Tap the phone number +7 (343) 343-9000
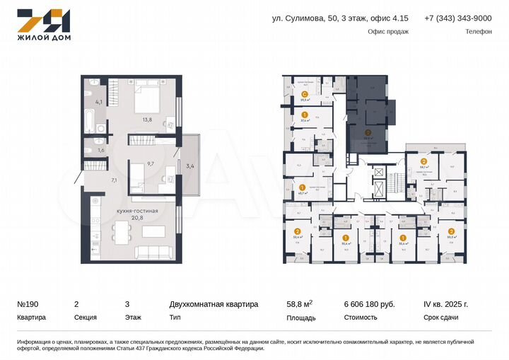pyautogui.click(x=457, y=18)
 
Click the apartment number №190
pyautogui.click(x=28, y=304)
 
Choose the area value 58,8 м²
pyautogui.click(x=300, y=304)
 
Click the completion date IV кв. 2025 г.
pyautogui.click(x=445, y=304)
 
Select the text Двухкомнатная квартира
pyautogui.click(x=213, y=304)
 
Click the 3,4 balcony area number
pyautogui.click(x=189, y=167)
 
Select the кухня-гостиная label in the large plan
pyautogui.click(x=137, y=211)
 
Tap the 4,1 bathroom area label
pyautogui.click(x=99, y=103)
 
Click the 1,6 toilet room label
pyautogui.click(x=100, y=150)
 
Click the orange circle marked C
pyautogui.click(x=304, y=94)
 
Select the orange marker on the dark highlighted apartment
pyautogui.click(x=368, y=132)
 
